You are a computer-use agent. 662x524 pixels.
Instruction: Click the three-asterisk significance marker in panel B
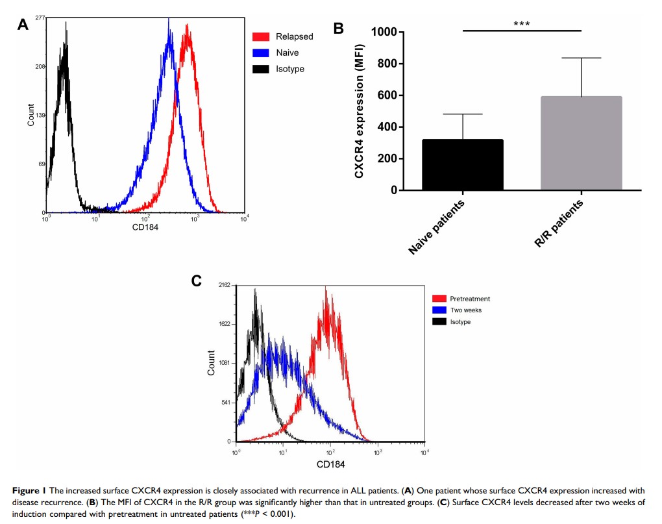(522, 24)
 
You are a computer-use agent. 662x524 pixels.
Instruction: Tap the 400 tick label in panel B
(388, 127)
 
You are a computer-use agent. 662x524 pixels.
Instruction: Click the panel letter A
(23, 25)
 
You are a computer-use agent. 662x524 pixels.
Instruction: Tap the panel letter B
(338, 29)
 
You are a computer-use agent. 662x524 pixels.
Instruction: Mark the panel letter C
(197, 281)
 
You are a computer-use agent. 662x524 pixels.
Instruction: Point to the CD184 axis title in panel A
(146, 227)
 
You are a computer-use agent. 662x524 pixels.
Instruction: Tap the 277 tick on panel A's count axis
(40, 18)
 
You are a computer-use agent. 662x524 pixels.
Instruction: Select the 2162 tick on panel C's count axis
(225, 285)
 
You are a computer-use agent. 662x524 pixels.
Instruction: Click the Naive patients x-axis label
(437, 227)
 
